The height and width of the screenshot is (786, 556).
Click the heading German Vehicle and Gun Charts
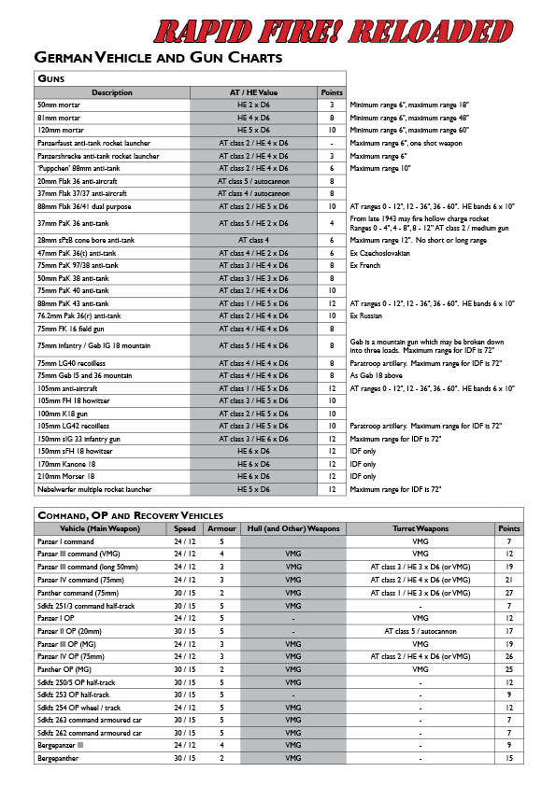(x=158, y=59)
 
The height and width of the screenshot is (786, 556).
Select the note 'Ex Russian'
(x=370, y=316)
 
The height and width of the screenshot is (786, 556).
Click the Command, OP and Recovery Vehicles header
(x=130, y=514)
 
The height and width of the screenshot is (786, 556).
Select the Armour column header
(x=221, y=527)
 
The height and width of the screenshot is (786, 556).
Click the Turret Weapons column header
(x=420, y=527)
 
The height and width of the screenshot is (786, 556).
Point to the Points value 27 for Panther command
(x=509, y=591)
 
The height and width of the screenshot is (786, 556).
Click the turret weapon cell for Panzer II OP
(x=420, y=630)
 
